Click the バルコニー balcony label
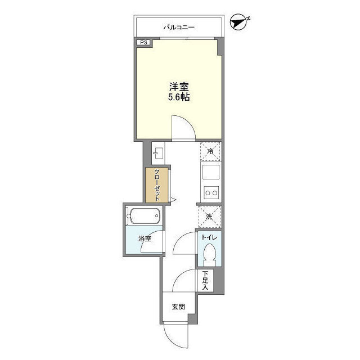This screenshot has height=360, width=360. pyautogui.click(x=179, y=28)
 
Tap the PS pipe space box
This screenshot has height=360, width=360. pyautogui.click(x=144, y=43)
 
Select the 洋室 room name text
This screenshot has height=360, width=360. pyautogui.click(x=179, y=87)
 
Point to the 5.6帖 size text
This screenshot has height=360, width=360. pyautogui.click(x=179, y=97)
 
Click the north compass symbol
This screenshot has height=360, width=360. pyautogui.click(x=239, y=22)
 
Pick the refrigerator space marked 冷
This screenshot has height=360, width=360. pyautogui.click(x=210, y=151)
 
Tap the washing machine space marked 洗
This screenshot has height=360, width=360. pyautogui.click(x=209, y=217)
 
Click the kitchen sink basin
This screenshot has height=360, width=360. pyautogui.click(x=210, y=172)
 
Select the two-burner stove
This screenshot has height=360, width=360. pyautogui.click(x=211, y=192)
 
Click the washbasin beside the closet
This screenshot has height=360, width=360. pyautogui.click(x=158, y=153)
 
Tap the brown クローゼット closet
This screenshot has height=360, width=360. pyautogui.click(x=157, y=185)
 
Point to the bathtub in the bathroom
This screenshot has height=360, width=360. pyautogui.click(x=144, y=216)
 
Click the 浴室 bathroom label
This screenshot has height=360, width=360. pyautogui.click(x=145, y=238)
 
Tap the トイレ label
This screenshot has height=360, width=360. pyautogui.click(x=209, y=237)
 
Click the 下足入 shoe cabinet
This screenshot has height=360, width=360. pyautogui.click(x=205, y=280)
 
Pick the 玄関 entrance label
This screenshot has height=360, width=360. pyautogui.click(x=178, y=307)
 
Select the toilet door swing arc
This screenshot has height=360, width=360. pyautogui.click(x=179, y=238)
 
